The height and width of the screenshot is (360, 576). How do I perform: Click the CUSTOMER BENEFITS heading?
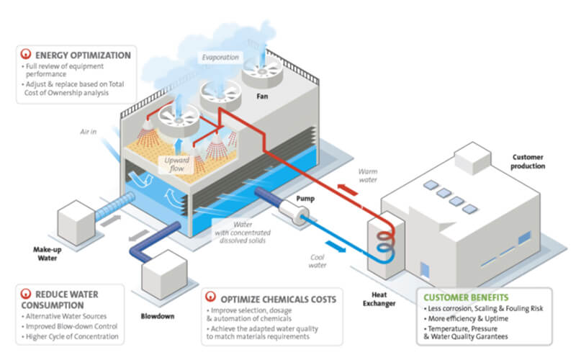467,297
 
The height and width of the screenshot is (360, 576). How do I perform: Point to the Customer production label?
528,161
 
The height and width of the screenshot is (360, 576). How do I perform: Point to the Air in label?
88,133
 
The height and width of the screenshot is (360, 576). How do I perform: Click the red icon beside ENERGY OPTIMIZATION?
27,54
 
